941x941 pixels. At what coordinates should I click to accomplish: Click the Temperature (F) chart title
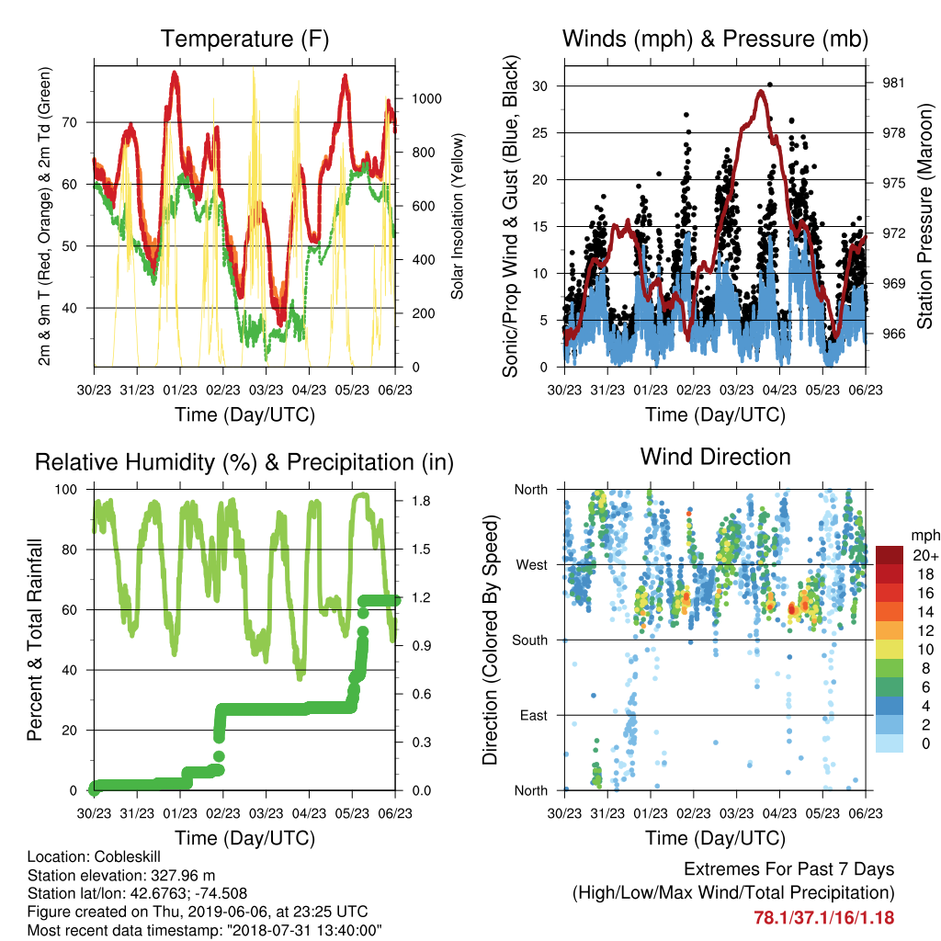point(244,39)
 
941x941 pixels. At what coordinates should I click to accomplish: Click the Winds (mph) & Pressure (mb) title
point(715,39)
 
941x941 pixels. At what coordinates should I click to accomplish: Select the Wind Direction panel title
point(715,457)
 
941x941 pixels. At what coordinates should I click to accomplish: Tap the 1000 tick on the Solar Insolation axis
point(426,99)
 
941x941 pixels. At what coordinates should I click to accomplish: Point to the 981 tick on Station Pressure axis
point(893,83)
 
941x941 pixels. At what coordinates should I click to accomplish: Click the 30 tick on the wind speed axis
point(539,85)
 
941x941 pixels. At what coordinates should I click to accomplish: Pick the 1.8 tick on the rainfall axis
point(421,501)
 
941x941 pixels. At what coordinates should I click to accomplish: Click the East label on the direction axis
point(534,715)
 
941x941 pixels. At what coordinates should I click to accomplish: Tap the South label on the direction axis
point(530,641)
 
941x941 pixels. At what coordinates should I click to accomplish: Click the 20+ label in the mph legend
point(925,555)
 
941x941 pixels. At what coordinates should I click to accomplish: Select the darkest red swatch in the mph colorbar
point(890,555)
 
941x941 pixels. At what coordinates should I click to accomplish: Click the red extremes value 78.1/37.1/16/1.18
point(824,918)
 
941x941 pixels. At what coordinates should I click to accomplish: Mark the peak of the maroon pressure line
point(761,91)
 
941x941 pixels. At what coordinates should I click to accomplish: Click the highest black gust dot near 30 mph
point(770,85)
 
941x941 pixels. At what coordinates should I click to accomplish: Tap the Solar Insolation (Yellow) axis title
point(458,216)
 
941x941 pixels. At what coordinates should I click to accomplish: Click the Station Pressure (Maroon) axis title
point(924,217)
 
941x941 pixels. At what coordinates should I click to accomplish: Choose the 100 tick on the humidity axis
point(66,490)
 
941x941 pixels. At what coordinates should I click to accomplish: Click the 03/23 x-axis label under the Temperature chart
point(266,390)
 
